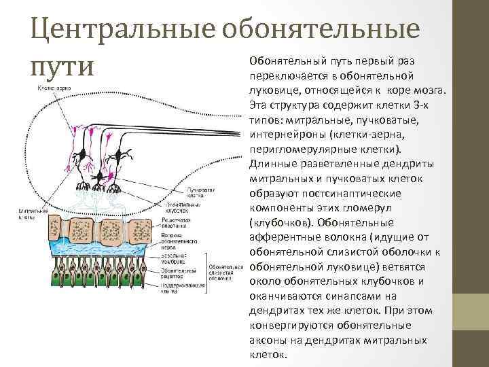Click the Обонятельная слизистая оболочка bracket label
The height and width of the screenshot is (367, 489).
point(225,273)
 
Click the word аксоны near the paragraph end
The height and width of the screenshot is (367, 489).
point(268,340)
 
